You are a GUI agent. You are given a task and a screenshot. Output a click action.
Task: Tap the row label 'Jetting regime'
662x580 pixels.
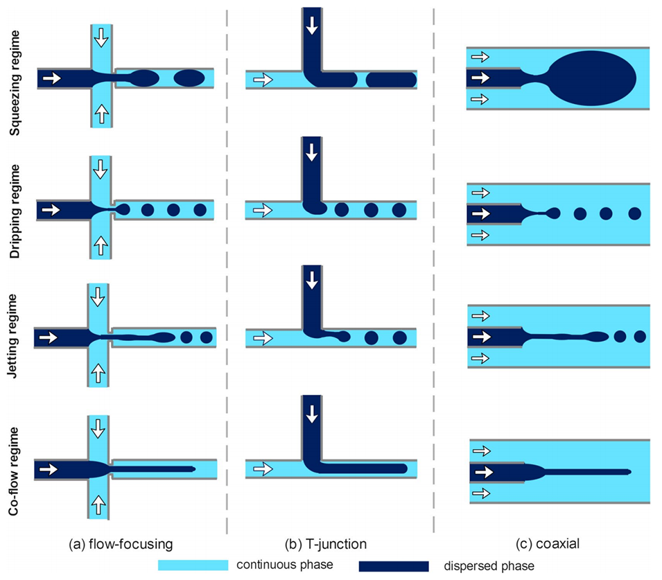click(x=12, y=337)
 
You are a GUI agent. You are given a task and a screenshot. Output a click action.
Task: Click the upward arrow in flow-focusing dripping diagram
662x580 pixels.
click(x=101, y=242)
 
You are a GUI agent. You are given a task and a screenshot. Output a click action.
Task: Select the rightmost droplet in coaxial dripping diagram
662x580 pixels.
click(x=634, y=213)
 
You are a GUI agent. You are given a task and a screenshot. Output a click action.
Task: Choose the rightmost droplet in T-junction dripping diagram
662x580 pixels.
click(x=399, y=209)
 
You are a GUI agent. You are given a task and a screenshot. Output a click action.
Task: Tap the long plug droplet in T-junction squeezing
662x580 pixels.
click(x=391, y=80)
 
